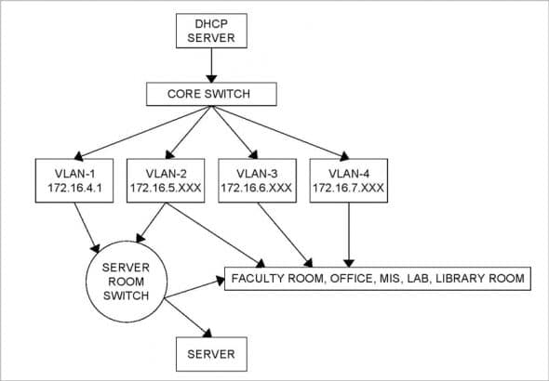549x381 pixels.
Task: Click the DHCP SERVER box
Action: coord(211,31)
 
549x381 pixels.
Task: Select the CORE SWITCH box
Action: coord(212,94)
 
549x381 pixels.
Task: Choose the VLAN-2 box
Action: coord(164,179)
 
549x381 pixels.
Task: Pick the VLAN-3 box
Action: coord(256,179)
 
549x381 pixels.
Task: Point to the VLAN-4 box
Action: coord(348,179)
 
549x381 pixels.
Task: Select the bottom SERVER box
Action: coord(211,354)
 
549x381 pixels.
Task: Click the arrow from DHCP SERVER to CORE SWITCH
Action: coord(212,64)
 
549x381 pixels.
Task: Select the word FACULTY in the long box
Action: coord(261,279)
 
